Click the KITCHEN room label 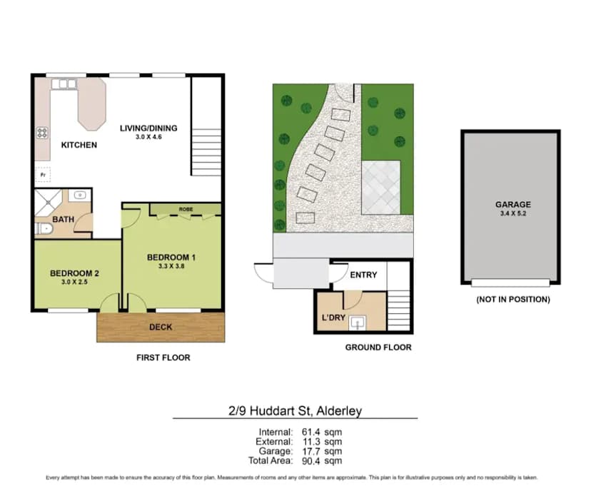coord(79,145)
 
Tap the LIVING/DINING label coord(148,128)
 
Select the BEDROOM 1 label coord(171,257)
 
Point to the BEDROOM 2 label coord(74,273)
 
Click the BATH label coord(64,219)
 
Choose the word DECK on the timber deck coord(161,327)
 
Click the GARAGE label coord(512,204)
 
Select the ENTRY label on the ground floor coord(363,275)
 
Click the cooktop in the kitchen coord(42,132)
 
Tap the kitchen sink coord(63,84)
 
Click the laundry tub coord(358,324)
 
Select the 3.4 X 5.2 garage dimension coord(512,213)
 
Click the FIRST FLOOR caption coord(163,357)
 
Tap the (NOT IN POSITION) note coord(512,300)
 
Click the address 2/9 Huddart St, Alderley coord(295,412)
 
